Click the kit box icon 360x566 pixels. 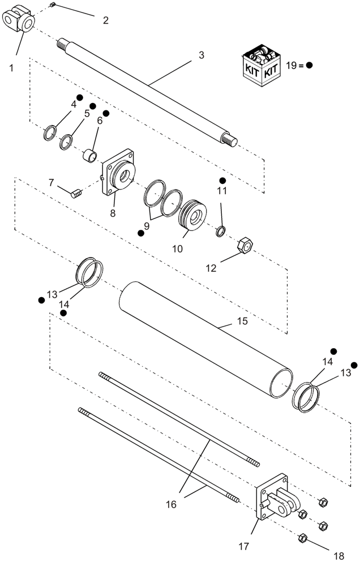[x=259, y=66]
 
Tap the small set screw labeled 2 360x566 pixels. [x=52, y=6]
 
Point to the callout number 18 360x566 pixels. [x=338, y=556]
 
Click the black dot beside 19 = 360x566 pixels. [x=309, y=65]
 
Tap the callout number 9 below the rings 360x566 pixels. [x=147, y=225]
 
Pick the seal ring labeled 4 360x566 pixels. [x=50, y=133]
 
